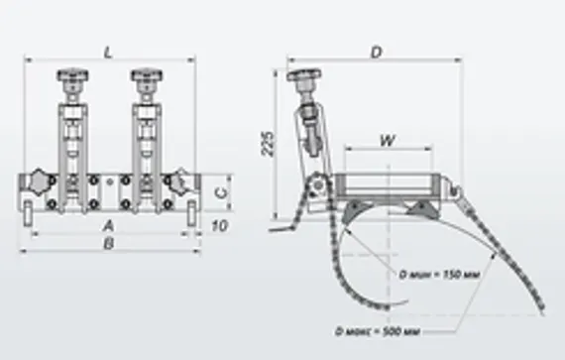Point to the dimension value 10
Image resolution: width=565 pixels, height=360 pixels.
click(218, 226)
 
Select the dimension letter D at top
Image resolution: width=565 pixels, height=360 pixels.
click(376, 52)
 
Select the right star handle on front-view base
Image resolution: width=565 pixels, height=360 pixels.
click(176, 181)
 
